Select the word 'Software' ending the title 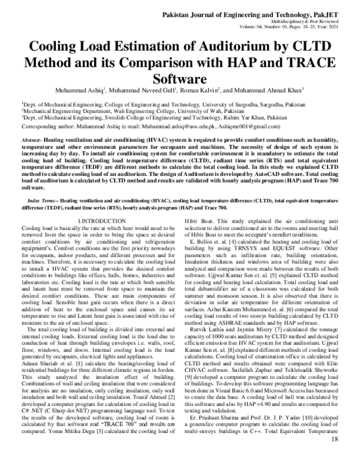click(179, 79)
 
